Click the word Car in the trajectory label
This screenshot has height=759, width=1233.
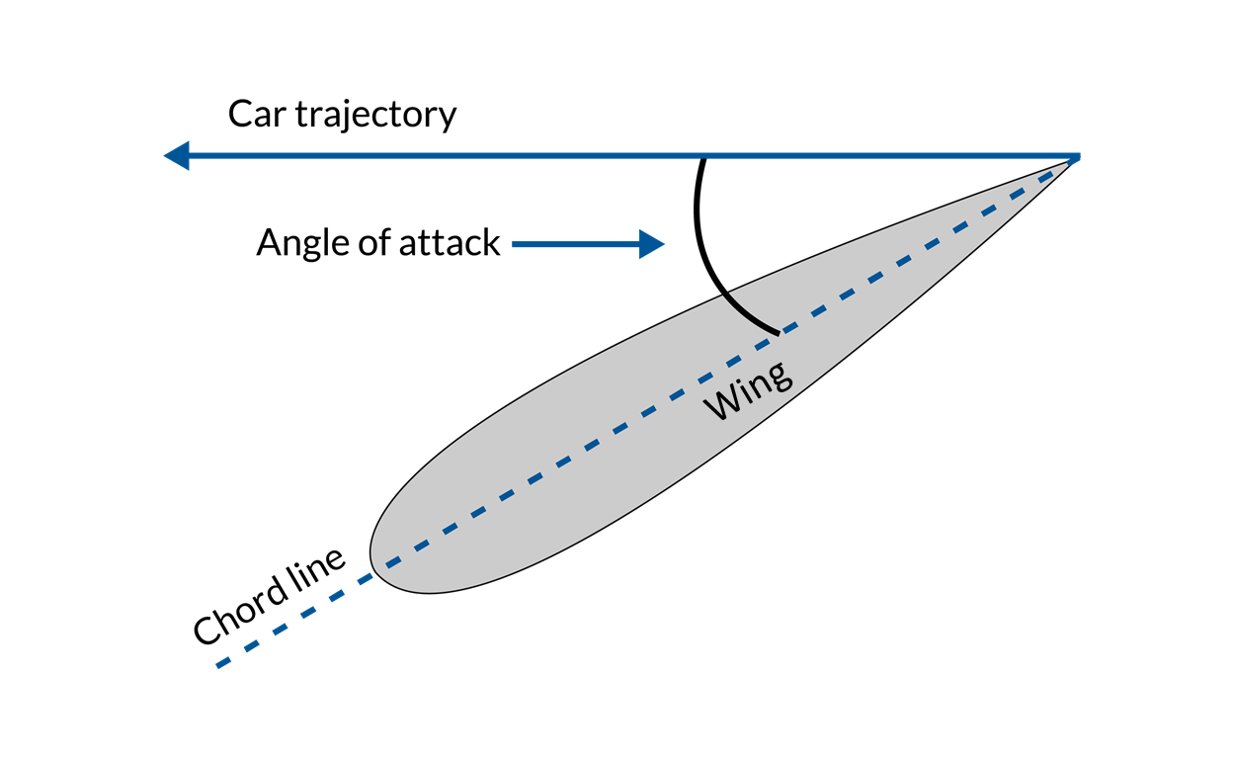point(254,115)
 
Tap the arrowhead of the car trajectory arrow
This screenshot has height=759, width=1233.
point(177,156)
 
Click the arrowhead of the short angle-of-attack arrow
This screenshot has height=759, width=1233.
point(651,243)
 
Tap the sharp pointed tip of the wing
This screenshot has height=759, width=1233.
point(1074,159)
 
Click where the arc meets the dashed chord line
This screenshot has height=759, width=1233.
point(779,332)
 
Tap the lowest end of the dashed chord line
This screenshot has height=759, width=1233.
point(219,665)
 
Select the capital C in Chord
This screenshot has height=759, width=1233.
point(206,630)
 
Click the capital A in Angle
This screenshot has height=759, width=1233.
point(270,242)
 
